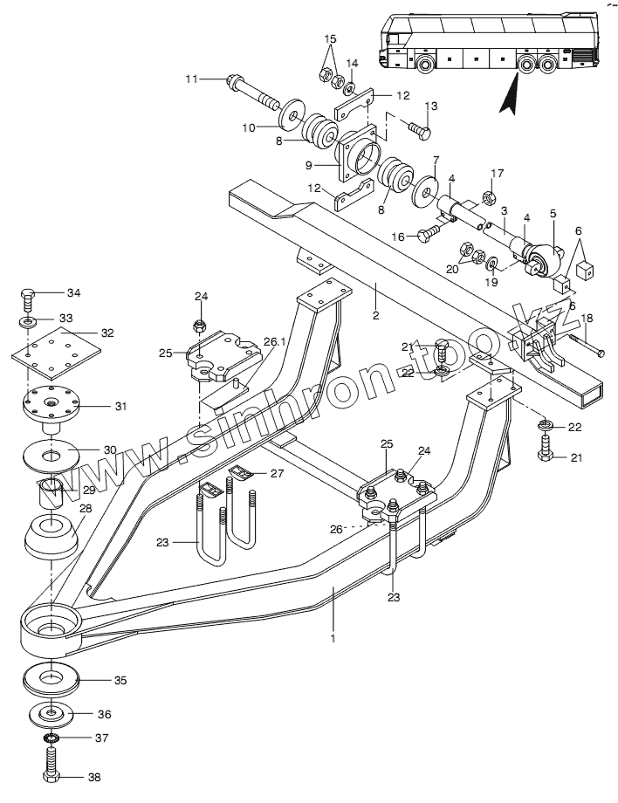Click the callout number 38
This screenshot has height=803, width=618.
tap(95, 776)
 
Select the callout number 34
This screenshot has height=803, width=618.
tap(73, 292)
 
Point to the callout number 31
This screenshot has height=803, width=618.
tap(120, 405)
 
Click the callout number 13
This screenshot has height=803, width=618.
tap(430, 106)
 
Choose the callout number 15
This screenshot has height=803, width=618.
tap(330, 39)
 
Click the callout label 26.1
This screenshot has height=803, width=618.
tap(275, 341)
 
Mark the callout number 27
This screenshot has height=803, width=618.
tap(277, 474)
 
